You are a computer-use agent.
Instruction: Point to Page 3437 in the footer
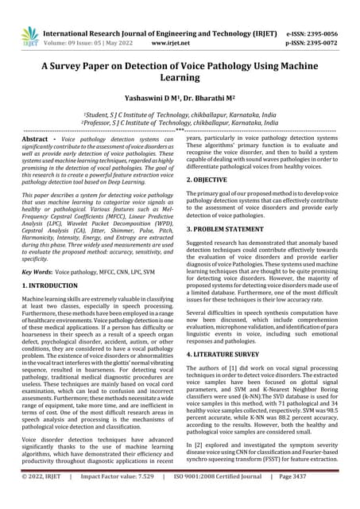[319, 499]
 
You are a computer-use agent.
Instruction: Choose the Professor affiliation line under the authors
[180, 125]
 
